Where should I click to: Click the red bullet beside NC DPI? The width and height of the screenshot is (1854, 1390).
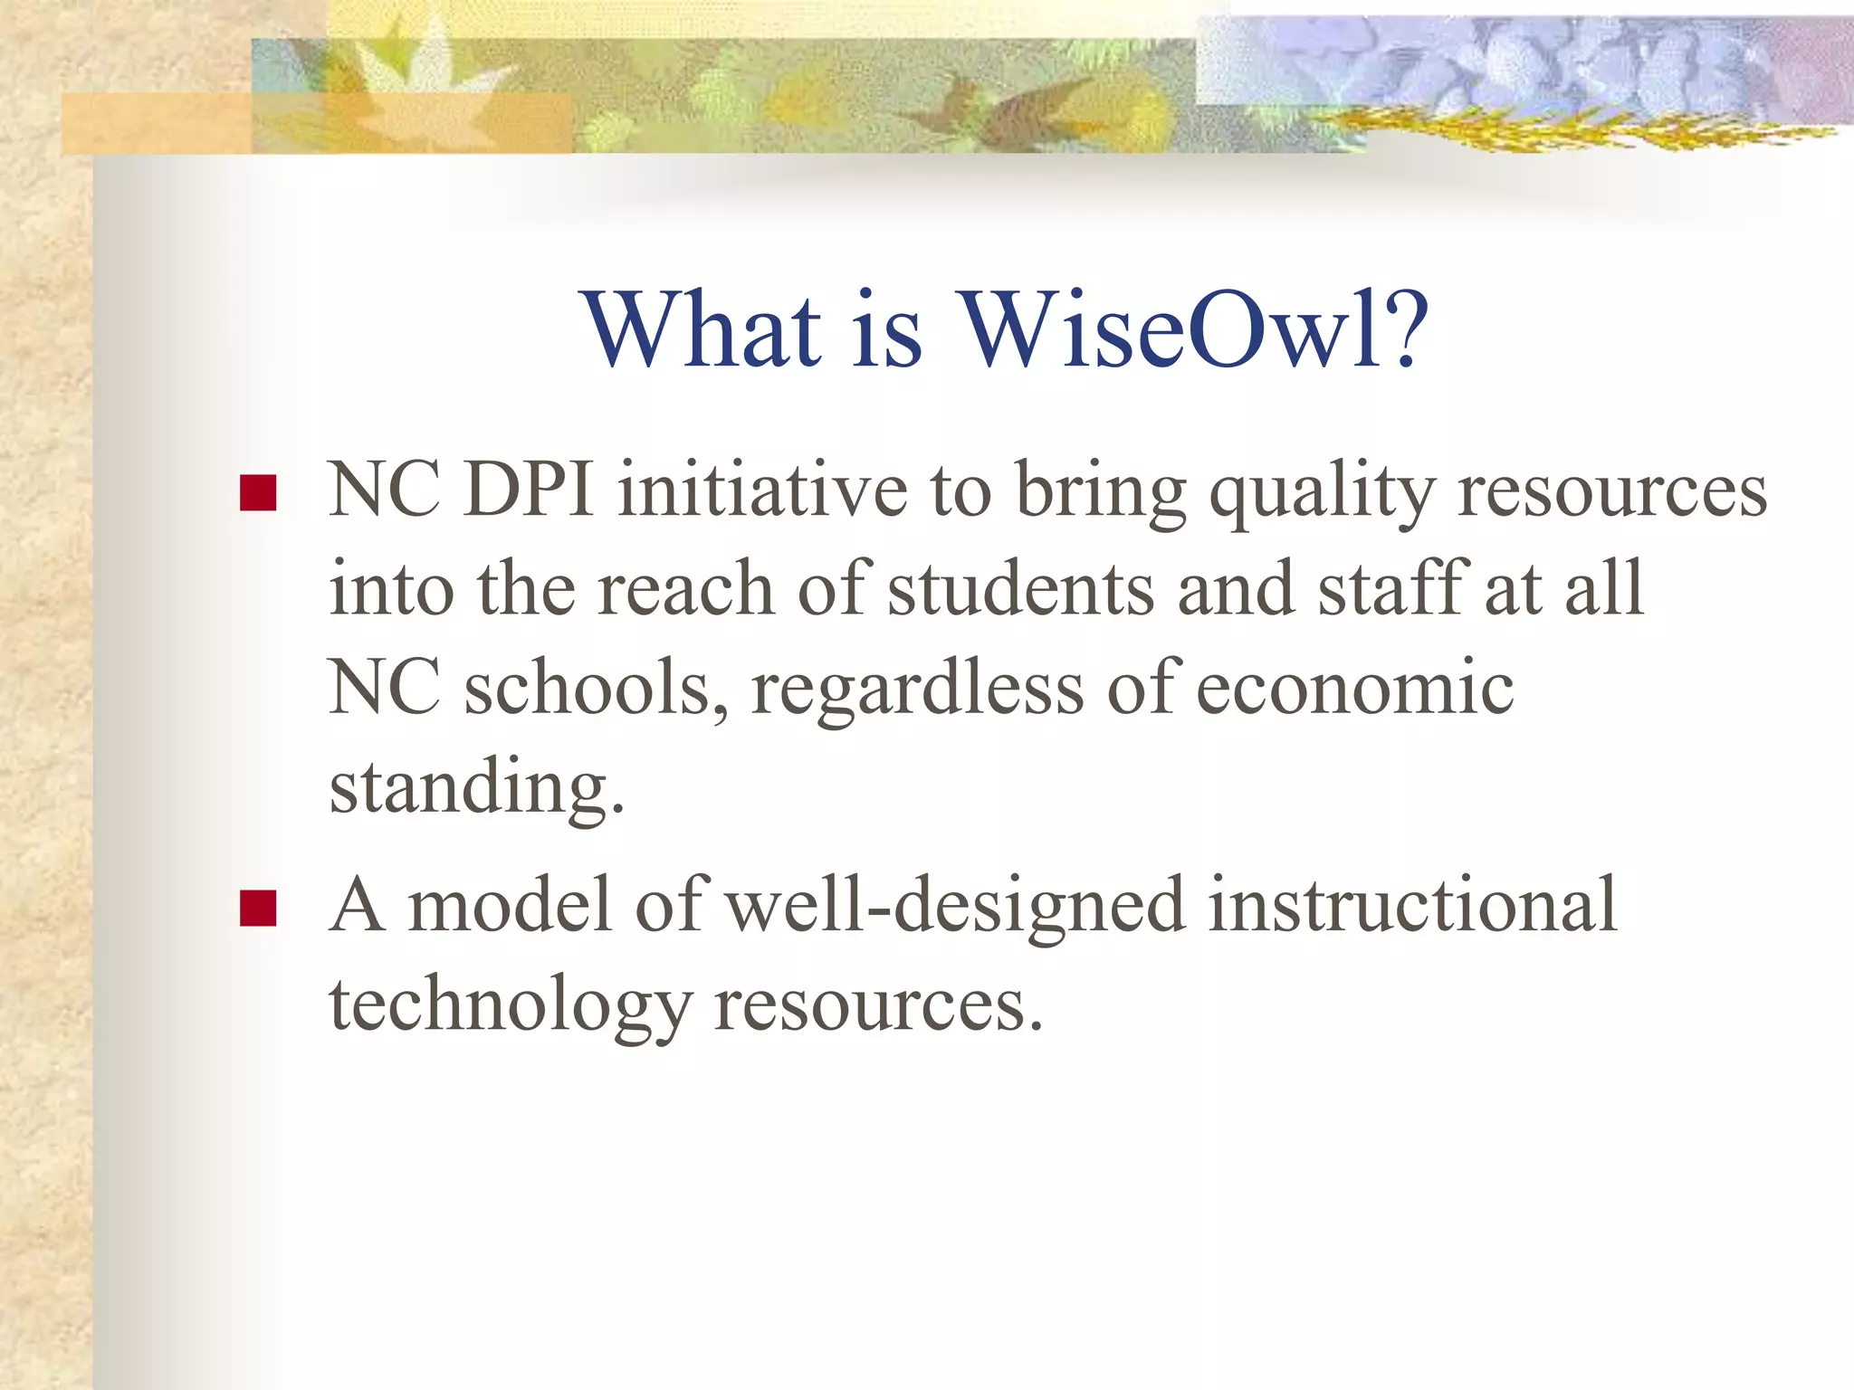pos(258,493)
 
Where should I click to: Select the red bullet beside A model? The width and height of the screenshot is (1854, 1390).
pos(258,909)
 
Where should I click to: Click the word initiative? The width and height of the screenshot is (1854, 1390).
pos(762,490)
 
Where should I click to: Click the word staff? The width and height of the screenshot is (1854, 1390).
pos(1390,589)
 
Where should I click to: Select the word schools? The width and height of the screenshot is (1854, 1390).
pos(596,688)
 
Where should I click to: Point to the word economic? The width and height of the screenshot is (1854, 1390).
pos(1354,688)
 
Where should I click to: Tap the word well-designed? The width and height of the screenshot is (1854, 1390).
pos(955,905)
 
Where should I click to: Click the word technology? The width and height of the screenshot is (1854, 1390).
pos(510,1004)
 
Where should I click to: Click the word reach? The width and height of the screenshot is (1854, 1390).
pos(685,589)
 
